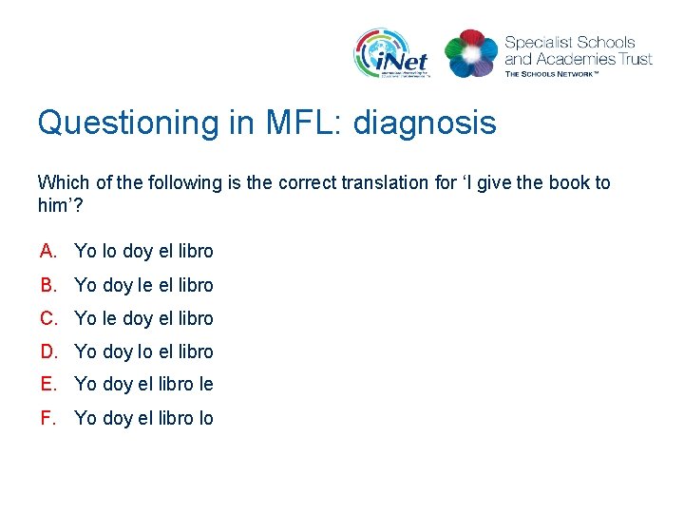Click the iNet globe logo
pyautogui.click(x=390, y=52)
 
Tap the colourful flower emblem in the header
pyautogui.click(x=470, y=53)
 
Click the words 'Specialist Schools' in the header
pyautogui.click(x=569, y=42)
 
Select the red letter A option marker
pyautogui.click(x=48, y=251)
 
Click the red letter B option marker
pyautogui.click(x=48, y=284)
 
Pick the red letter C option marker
pyautogui.click(x=48, y=318)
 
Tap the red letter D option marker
pyautogui.click(x=48, y=351)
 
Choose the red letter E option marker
pyautogui.click(x=48, y=384)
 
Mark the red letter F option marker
pyautogui.click(x=48, y=418)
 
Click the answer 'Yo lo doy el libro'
pyautogui.click(x=143, y=251)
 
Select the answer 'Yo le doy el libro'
pyautogui.click(x=143, y=318)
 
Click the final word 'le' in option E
pyautogui.click(x=204, y=384)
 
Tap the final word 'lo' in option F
pyautogui.click(x=204, y=418)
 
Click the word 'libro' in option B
pyautogui.click(x=194, y=284)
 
